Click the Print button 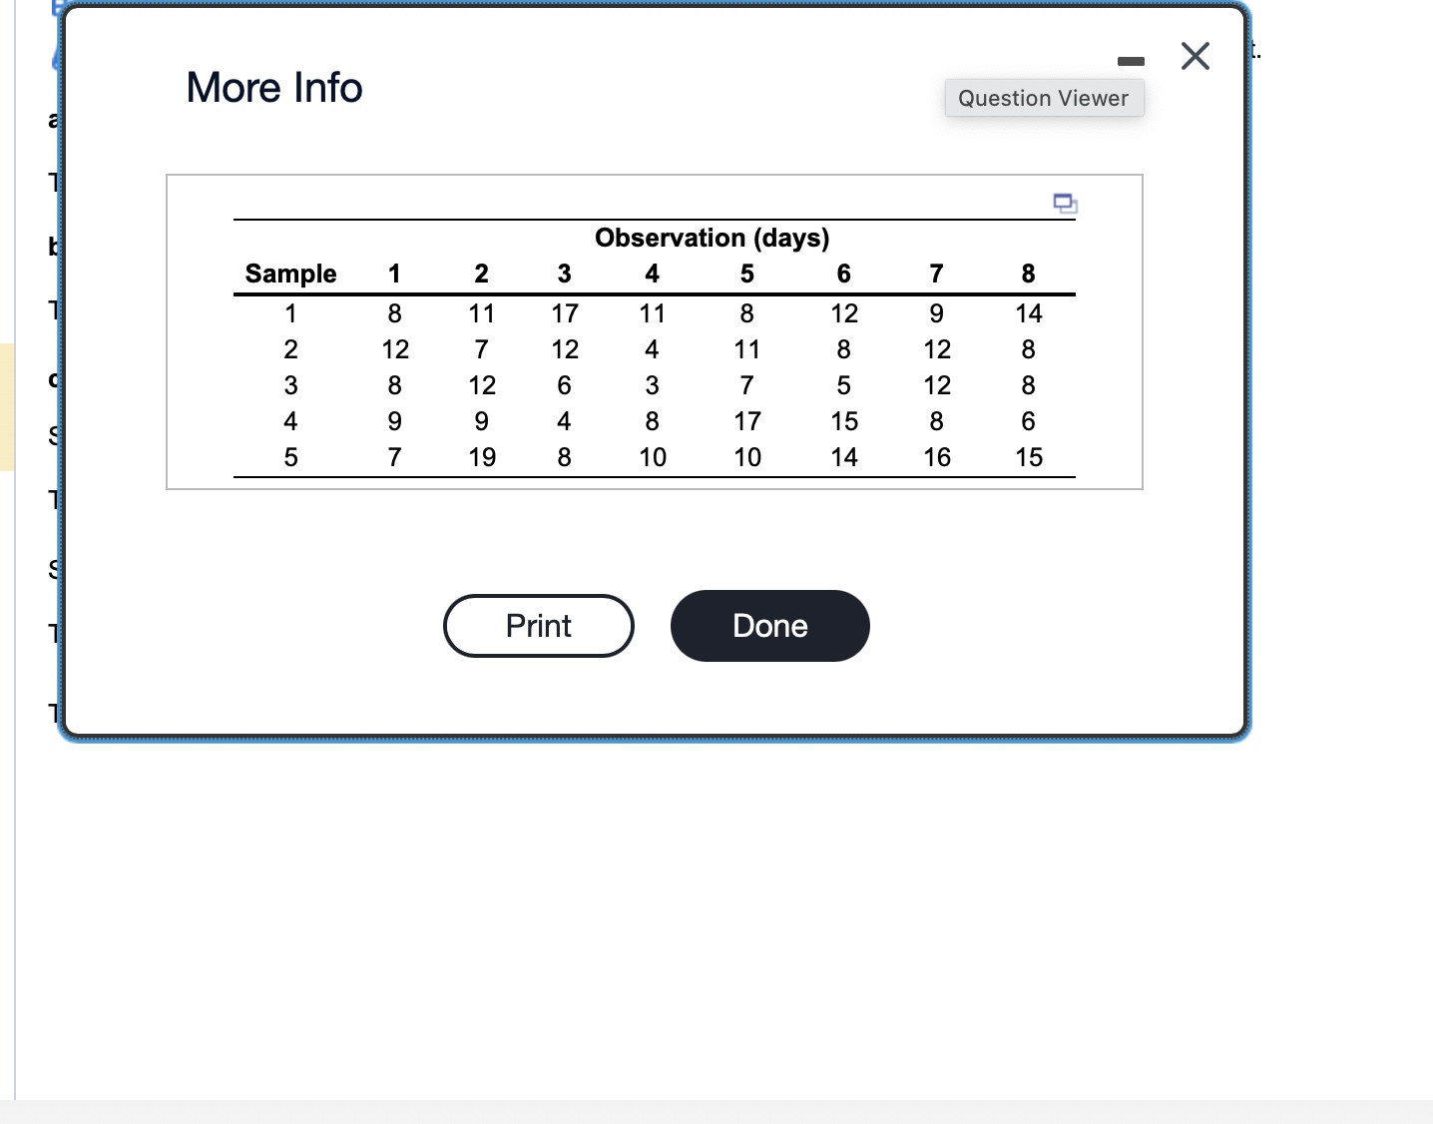538,626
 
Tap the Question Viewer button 1043,98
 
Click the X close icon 1194,56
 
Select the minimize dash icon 1131,62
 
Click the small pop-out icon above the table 1065,204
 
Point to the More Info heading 274,88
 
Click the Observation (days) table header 712,238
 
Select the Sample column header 290,274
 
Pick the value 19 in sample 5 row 482,457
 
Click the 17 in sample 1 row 565,313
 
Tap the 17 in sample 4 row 747,421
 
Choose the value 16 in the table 937,457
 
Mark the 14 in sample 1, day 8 1029,313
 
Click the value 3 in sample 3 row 652,385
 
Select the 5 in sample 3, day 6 844,385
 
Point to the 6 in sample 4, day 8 1029,421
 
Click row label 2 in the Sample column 290,349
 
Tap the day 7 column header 936,274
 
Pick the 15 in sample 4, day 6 844,421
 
